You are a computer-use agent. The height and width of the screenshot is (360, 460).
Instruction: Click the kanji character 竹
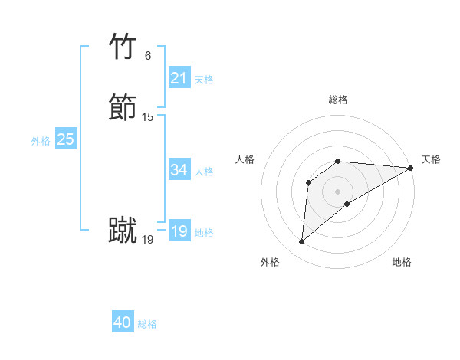[x=123, y=47]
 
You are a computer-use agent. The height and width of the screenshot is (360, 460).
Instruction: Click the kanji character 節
[x=123, y=108]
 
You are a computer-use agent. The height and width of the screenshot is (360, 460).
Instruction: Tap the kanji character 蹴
[x=123, y=231]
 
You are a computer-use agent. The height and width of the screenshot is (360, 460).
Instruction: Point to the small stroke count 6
[x=147, y=56]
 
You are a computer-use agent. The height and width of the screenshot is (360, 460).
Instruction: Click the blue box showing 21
[x=179, y=78]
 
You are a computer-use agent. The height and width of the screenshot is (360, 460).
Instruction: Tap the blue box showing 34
[x=179, y=170]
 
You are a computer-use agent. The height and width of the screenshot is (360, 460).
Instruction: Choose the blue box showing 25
[x=65, y=139]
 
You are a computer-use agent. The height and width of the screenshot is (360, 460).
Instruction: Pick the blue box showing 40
[x=123, y=322]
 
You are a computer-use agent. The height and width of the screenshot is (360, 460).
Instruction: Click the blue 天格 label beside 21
[x=204, y=80]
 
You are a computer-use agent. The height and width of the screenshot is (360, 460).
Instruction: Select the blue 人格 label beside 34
[x=204, y=172]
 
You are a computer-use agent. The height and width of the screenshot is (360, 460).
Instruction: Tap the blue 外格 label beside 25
[x=41, y=141]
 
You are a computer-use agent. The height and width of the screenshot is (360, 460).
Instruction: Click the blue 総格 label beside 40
[x=147, y=324]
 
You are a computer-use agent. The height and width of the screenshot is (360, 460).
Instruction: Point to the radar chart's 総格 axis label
[x=338, y=100]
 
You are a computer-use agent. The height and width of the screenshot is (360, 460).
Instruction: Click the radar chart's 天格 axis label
[x=431, y=159]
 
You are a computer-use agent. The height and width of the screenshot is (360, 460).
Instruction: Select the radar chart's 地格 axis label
[x=402, y=262]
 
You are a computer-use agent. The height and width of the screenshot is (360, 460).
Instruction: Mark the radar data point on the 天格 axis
[x=411, y=168]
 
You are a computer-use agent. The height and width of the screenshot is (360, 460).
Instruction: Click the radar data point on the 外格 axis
[x=301, y=242]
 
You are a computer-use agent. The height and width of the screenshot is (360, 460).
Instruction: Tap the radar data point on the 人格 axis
[x=308, y=182]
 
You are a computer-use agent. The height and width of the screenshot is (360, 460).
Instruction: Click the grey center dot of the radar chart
[x=338, y=191]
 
